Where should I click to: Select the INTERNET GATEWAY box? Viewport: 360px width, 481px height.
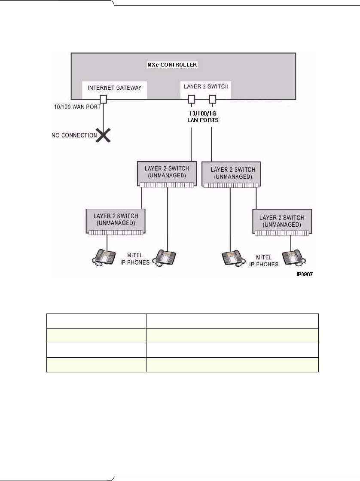(x=114, y=89)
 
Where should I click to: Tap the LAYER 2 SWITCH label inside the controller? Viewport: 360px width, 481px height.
(x=206, y=86)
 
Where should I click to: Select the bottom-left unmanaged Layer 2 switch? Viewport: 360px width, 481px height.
(x=116, y=221)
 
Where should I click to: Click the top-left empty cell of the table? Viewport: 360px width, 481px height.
(x=96, y=321)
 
